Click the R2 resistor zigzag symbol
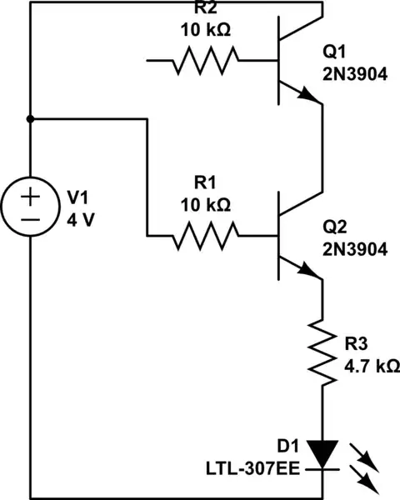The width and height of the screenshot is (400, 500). [x=205, y=60]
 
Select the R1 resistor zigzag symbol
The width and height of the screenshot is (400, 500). [x=205, y=236]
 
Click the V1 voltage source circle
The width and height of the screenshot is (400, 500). [x=30, y=207]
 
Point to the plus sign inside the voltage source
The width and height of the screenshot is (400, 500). [x=30, y=197]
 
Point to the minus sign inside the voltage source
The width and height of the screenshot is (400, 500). [x=30, y=219]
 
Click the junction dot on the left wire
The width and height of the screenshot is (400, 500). [x=30, y=119]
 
